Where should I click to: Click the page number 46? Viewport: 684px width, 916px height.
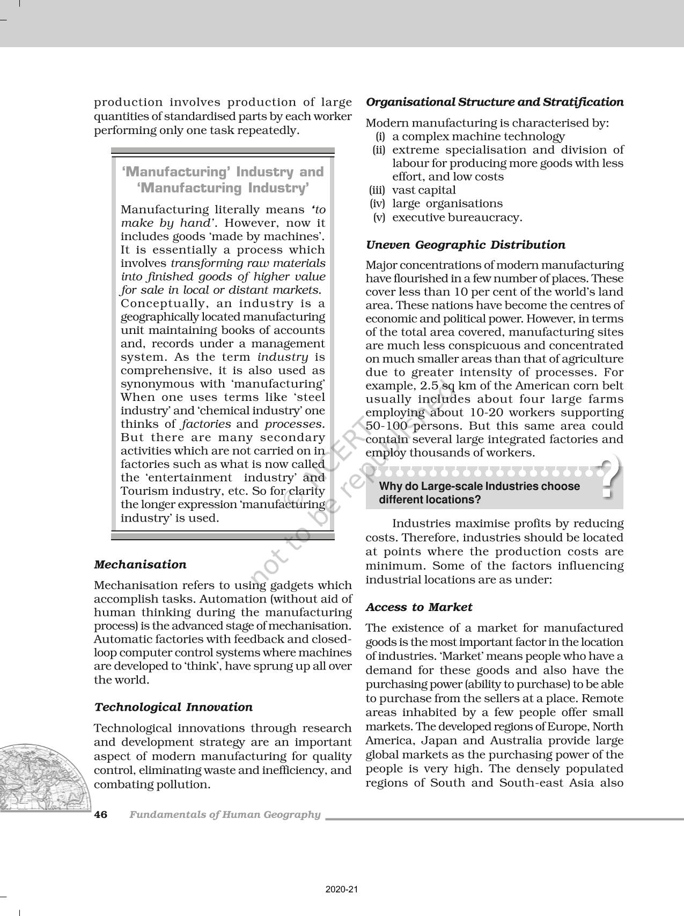pos(101,815)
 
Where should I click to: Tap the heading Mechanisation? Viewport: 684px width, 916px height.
pos(140,564)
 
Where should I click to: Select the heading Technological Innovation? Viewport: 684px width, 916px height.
pos(173,707)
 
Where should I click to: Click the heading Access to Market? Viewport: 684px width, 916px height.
pos(418,607)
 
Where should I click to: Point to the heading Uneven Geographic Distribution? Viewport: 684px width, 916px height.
pos(465,245)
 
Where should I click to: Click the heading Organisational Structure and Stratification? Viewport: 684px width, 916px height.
pos(494,102)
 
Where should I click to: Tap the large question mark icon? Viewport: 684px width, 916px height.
pos(609,478)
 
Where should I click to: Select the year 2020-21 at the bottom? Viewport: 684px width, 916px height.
pos(341,889)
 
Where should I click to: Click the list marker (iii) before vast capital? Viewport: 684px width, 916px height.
pos(378,190)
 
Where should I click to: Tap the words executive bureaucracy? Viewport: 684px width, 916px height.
pos(457,218)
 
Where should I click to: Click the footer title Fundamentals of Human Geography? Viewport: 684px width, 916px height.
pos(225,815)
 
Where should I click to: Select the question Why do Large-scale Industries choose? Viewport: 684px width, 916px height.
pos(479,487)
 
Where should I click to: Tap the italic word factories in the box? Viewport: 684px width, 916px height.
pos(206,424)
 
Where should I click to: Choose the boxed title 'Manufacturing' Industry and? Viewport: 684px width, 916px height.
pos(223,172)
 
